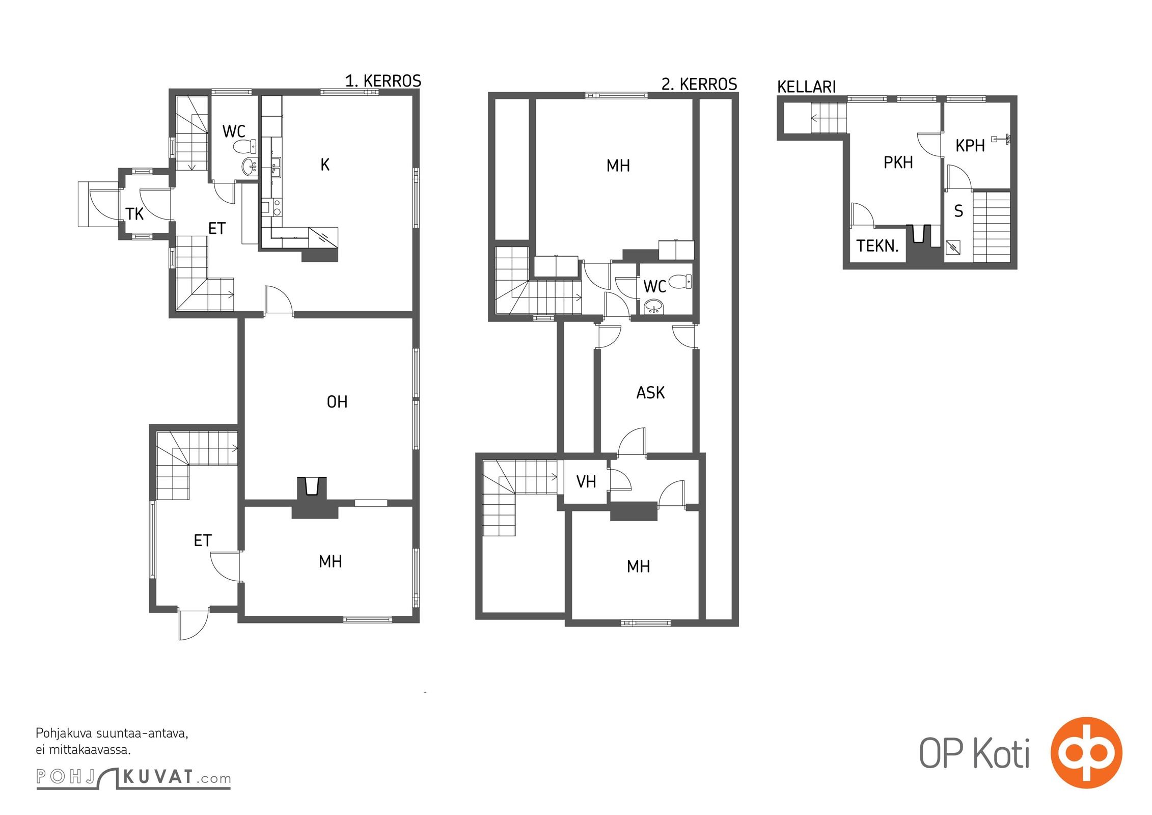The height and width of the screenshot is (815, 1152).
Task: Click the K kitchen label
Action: [325, 165]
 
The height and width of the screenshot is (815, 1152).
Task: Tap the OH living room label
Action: [337, 402]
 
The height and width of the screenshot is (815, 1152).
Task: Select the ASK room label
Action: [650, 393]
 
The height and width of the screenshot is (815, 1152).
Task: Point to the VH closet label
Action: [586, 481]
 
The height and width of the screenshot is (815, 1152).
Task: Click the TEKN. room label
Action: [877, 246]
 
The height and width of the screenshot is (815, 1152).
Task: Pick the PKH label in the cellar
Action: [898, 162]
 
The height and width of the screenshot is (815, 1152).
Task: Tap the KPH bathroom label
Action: [970, 146]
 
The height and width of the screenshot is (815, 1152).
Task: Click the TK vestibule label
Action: [134, 214]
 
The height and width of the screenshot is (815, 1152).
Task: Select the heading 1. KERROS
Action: [383, 81]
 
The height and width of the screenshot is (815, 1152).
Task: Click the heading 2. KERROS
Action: [699, 84]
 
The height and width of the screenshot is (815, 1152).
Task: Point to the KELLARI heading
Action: [807, 87]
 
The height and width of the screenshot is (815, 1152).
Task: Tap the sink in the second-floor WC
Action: [654, 307]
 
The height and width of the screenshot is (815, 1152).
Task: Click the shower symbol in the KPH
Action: [1001, 139]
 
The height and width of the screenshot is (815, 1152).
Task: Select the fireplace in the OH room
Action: [312, 486]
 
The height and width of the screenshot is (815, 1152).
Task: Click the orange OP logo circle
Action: [1086, 753]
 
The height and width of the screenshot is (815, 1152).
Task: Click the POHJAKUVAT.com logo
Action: [133, 778]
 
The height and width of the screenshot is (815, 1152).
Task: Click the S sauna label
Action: [958, 211]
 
